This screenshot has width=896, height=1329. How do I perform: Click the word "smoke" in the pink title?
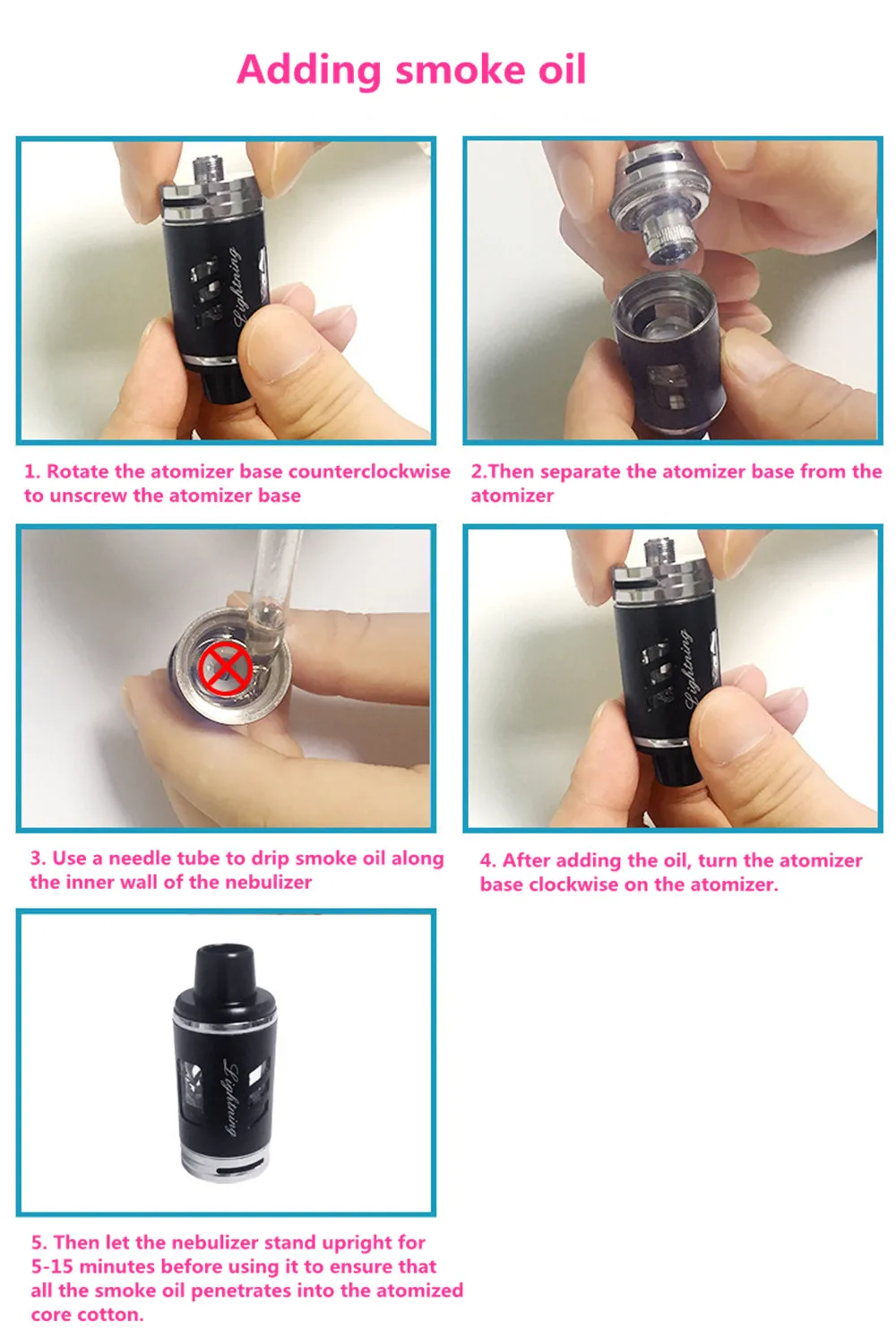click(461, 69)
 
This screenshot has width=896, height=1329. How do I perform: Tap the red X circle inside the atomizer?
click(224, 668)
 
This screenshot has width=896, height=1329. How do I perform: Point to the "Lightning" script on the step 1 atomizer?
click(237, 286)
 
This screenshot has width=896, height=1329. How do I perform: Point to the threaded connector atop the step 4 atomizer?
click(659, 552)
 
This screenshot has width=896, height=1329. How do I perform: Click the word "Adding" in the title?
click(309, 71)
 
